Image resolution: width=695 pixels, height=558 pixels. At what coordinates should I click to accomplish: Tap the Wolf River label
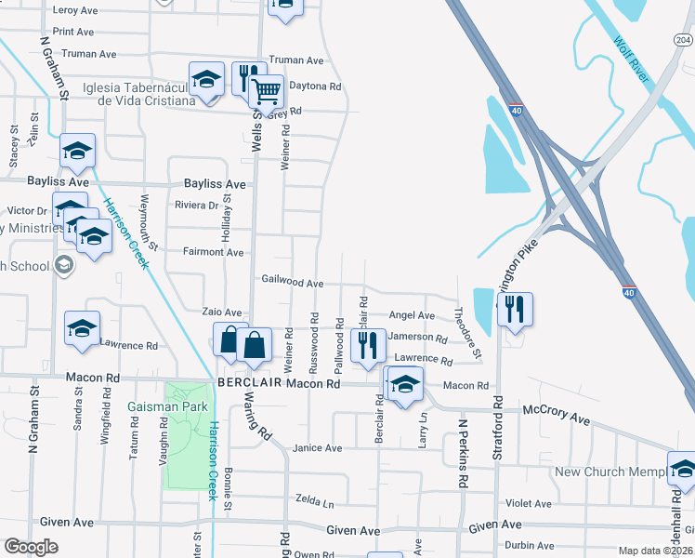point(632,60)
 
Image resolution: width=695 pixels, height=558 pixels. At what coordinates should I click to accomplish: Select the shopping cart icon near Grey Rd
point(267,93)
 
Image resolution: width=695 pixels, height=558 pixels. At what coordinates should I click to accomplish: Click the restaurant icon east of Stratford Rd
point(515,310)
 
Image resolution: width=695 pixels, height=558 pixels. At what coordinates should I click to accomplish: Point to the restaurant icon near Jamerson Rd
point(369,346)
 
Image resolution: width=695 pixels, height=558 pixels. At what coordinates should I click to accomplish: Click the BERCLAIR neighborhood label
point(249,383)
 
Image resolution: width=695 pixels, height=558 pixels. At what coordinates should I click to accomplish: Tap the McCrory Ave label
point(556,415)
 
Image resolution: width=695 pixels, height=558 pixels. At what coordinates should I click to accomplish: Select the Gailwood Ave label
point(293,282)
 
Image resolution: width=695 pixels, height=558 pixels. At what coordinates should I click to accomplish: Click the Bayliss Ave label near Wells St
point(214,184)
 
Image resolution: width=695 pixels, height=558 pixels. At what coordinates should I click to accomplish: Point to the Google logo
point(31,547)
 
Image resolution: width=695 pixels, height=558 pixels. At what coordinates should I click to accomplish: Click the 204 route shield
point(683,39)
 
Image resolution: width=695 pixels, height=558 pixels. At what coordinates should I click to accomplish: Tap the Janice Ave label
point(317,448)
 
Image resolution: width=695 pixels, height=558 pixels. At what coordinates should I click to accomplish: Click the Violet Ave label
point(529,503)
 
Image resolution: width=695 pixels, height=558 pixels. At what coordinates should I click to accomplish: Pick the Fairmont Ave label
point(213,252)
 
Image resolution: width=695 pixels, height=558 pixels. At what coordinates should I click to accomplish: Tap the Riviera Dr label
point(196,206)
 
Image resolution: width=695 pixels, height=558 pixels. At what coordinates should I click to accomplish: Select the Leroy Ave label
point(75,10)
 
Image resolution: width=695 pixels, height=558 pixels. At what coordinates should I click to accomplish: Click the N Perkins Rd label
point(461,454)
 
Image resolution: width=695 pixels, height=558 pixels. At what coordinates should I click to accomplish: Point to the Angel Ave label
point(412,316)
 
